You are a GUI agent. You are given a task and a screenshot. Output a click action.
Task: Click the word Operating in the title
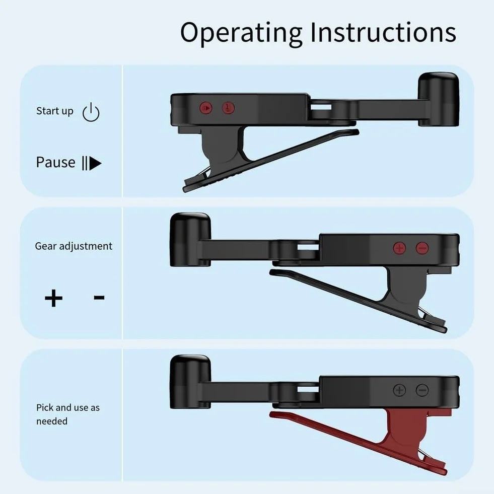tap(241, 33)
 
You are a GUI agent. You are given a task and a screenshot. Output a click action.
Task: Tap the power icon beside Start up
tap(91, 112)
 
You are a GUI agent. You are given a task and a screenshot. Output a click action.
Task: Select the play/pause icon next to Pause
tap(92, 163)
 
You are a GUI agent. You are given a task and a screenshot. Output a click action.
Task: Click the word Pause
tap(55, 162)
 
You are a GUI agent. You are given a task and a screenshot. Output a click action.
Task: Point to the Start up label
tap(54, 111)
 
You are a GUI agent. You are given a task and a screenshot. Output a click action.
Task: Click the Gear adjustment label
tap(74, 246)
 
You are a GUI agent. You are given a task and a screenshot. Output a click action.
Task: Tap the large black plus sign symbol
tap(53, 298)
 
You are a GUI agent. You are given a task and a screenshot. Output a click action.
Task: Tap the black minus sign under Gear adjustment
tap(99, 297)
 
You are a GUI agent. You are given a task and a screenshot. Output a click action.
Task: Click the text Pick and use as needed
tap(68, 414)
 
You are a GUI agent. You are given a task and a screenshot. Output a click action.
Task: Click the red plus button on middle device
tap(399, 248)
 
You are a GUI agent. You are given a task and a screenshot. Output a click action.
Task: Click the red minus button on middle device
tap(422, 248)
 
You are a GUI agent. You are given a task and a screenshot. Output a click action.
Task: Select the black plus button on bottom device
tap(399, 390)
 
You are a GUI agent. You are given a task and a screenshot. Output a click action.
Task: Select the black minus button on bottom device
tap(422, 390)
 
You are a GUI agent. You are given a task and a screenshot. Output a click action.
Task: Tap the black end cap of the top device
tap(438, 99)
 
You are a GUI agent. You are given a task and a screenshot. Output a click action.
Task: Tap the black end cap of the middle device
tap(190, 239)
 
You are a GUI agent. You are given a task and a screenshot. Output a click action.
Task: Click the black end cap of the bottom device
tap(190, 382)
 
